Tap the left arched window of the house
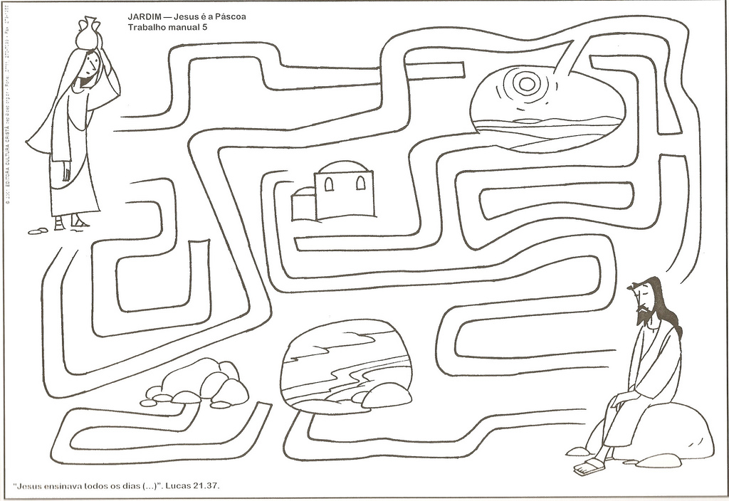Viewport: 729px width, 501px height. coord(329,184)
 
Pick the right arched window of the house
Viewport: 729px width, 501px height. coord(360,183)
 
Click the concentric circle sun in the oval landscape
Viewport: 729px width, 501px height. coord(526,84)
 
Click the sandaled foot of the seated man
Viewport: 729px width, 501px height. coord(589,466)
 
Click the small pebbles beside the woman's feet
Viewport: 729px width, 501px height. coord(37,231)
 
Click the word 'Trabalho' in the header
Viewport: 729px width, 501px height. coord(148,26)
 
